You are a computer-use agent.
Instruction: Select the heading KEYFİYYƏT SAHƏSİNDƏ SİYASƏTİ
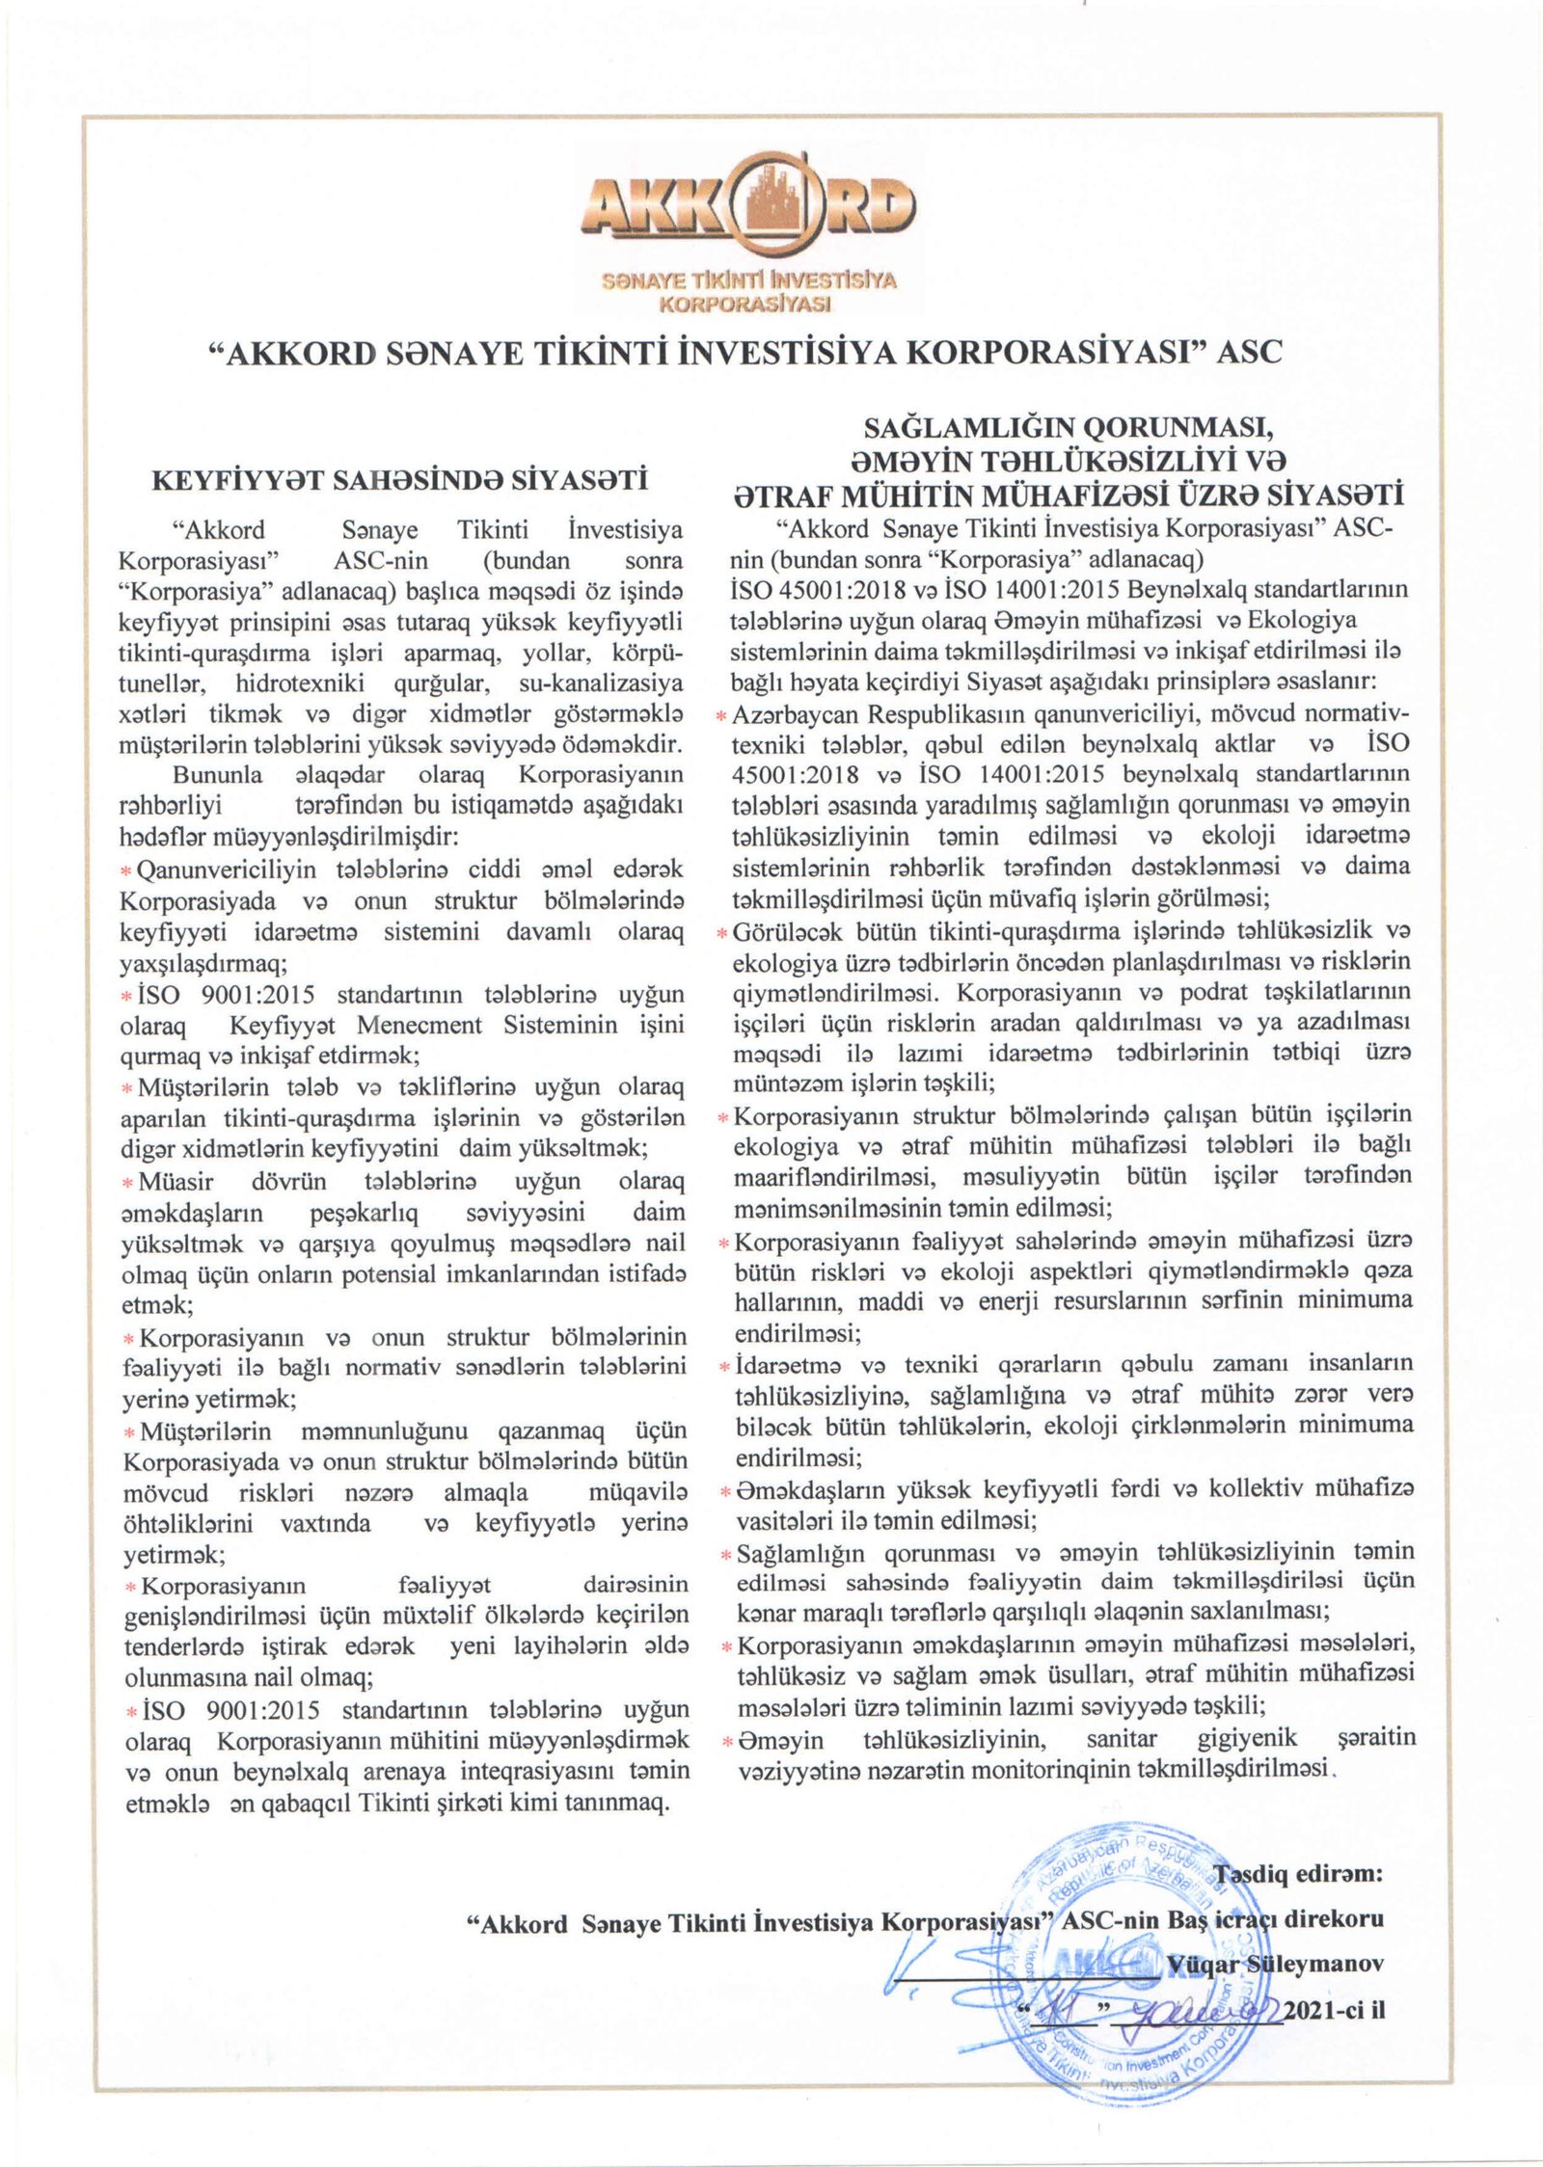[401, 480]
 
